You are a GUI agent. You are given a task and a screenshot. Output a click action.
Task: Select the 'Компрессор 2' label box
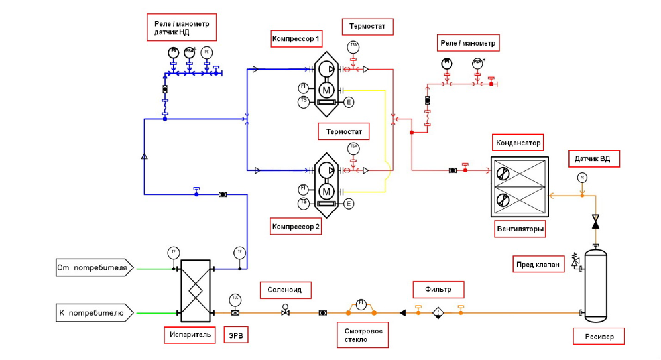pos(296,227)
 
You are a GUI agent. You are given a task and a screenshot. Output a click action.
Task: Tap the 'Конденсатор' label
pos(518,143)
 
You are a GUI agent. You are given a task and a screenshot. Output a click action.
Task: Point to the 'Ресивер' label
pos(599,337)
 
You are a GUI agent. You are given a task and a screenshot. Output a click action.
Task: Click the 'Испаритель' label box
pos(190,335)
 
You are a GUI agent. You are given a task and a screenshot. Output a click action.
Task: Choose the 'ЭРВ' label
pos(235,335)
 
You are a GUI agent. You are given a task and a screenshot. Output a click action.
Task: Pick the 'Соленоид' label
pos(285,290)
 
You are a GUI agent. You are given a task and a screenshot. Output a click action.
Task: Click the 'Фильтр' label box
pos(438,290)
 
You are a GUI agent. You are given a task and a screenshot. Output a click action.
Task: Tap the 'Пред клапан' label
pos(538,265)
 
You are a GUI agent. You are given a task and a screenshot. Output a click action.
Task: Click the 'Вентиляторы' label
pos(520,230)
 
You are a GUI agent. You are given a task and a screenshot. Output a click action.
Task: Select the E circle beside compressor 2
pos(349,204)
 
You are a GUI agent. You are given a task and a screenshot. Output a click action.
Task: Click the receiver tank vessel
pos(595,282)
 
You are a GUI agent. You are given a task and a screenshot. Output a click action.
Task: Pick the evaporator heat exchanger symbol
pos(196,290)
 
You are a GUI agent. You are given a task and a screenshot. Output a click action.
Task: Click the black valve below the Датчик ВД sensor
pos(595,221)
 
